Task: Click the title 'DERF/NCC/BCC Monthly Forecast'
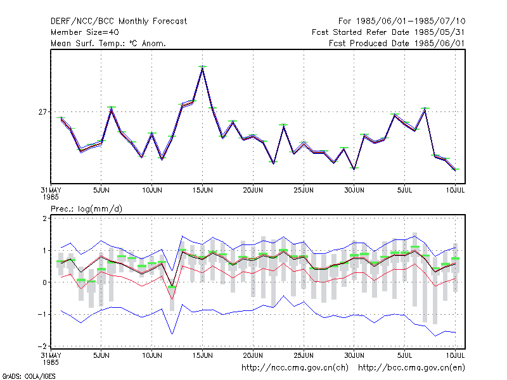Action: coord(119,22)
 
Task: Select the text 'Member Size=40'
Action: coord(85,32)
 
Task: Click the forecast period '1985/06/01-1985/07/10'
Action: coord(411,22)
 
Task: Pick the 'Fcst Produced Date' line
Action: coord(397,43)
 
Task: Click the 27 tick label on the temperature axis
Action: coord(42,112)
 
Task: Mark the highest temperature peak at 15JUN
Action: coord(202,67)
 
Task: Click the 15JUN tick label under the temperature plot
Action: coord(202,191)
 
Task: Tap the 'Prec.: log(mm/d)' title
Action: coord(86,209)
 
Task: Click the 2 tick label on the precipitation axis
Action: coord(44,218)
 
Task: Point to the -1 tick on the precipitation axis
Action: coord(42,314)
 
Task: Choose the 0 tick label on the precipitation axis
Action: coord(44,282)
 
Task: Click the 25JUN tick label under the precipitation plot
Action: coord(304,356)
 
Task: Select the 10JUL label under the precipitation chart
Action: coord(455,356)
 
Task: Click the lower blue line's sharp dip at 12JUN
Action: coord(172,334)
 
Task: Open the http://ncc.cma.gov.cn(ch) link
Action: coord(295,368)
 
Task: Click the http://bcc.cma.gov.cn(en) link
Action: coord(411,368)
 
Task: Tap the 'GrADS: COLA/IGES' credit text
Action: coord(29,376)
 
